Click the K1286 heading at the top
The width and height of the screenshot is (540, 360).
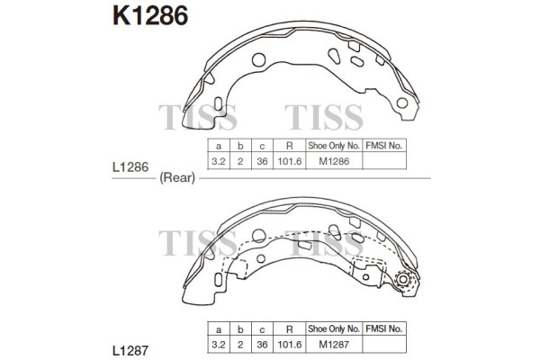click(150, 16)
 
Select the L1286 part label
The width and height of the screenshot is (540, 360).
click(130, 167)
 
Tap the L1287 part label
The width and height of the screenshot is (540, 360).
click(130, 351)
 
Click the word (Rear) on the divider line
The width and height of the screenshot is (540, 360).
click(177, 178)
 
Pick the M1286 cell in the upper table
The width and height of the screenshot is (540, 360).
click(334, 161)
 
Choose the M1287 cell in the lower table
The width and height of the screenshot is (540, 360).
click(334, 344)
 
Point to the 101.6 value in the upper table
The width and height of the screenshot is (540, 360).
click(290, 161)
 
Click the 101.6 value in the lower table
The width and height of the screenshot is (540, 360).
click(290, 344)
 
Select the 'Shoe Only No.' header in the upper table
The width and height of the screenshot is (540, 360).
click(334, 146)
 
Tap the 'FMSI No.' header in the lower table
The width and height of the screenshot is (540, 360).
click(384, 328)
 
